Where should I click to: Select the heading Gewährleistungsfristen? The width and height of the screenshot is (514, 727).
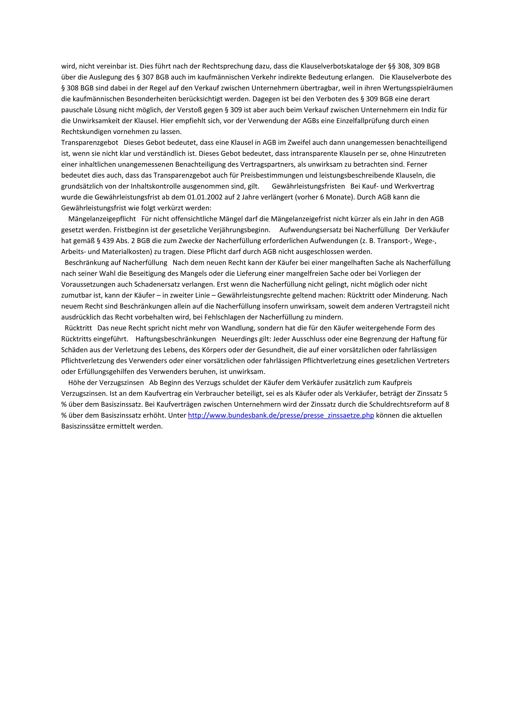308,186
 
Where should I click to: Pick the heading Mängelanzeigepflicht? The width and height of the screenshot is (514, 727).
102,219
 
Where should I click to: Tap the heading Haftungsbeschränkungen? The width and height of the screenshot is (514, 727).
175,339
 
